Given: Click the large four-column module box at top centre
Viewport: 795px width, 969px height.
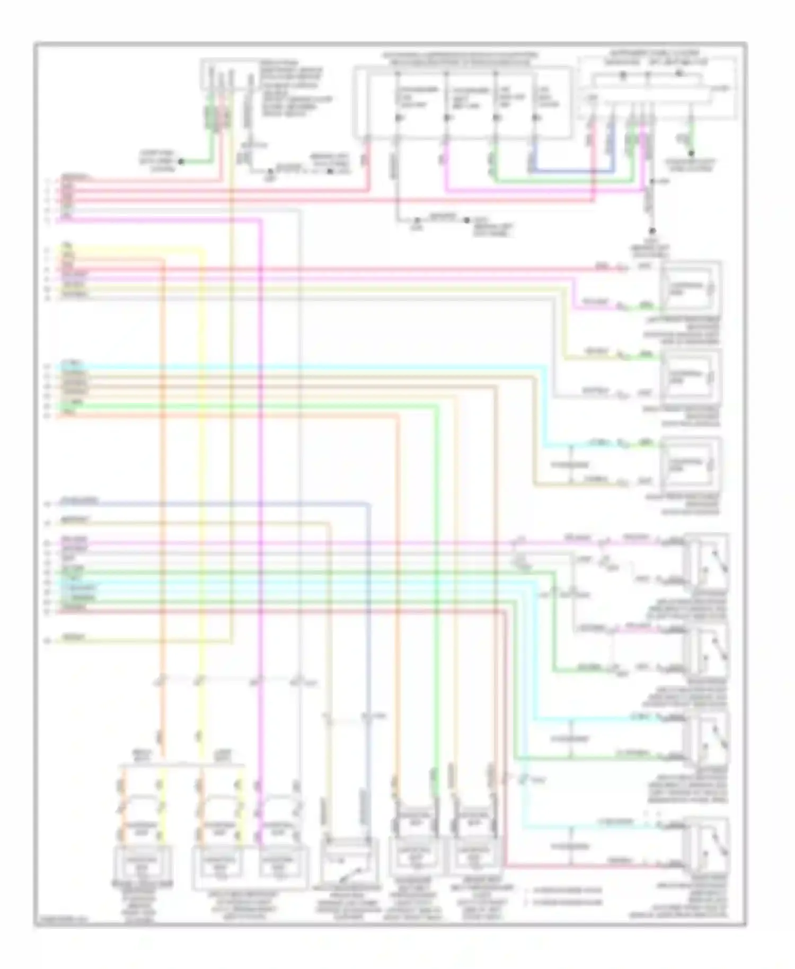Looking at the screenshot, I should pyautogui.click(x=463, y=101).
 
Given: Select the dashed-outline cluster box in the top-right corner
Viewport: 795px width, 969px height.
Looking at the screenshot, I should pyautogui.click(x=657, y=87).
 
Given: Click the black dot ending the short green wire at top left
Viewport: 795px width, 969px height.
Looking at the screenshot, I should pyautogui.click(x=181, y=161).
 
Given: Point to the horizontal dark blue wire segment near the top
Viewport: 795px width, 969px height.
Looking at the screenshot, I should pyautogui.click(x=572, y=172).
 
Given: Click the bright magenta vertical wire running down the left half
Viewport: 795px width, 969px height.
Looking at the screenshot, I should pyautogui.click(x=260, y=477).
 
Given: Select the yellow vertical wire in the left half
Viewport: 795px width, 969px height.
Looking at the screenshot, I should pyautogui.click(x=202, y=477).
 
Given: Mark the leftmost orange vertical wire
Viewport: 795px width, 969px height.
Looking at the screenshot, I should pyautogui.click(x=162, y=477).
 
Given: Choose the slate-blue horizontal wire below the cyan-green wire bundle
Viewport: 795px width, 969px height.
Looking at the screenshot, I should pyautogui.click(x=212, y=503).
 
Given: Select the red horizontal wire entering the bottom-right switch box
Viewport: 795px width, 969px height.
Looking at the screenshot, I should pyautogui.click(x=583, y=866).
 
